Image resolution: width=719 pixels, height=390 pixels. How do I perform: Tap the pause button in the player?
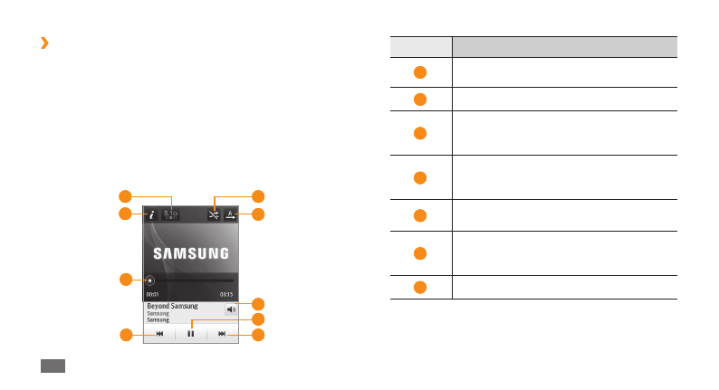point(190,334)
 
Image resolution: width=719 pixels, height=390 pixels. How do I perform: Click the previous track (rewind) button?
point(159,334)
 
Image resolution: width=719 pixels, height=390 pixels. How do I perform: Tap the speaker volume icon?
point(230,309)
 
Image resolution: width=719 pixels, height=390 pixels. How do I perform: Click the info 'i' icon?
point(150,214)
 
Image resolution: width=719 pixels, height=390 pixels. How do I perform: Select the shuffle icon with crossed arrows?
point(213,214)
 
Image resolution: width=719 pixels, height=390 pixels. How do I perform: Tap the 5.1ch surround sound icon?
point(170,214)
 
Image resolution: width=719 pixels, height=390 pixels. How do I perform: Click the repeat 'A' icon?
point(231,214)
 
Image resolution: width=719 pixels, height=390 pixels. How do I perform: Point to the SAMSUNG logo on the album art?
point(190,253)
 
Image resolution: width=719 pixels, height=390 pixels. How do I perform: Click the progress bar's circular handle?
point(149,281)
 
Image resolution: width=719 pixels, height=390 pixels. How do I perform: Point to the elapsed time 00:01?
point(152,294)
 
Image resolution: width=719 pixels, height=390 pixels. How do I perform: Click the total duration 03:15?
point(226,294)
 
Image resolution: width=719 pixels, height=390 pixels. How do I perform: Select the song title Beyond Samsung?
point(172,306)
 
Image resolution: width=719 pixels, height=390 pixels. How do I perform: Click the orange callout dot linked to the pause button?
point(258,319)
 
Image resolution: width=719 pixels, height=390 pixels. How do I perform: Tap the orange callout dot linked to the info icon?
point(126,214)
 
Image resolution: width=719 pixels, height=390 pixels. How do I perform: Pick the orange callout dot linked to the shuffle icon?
point(258,195)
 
